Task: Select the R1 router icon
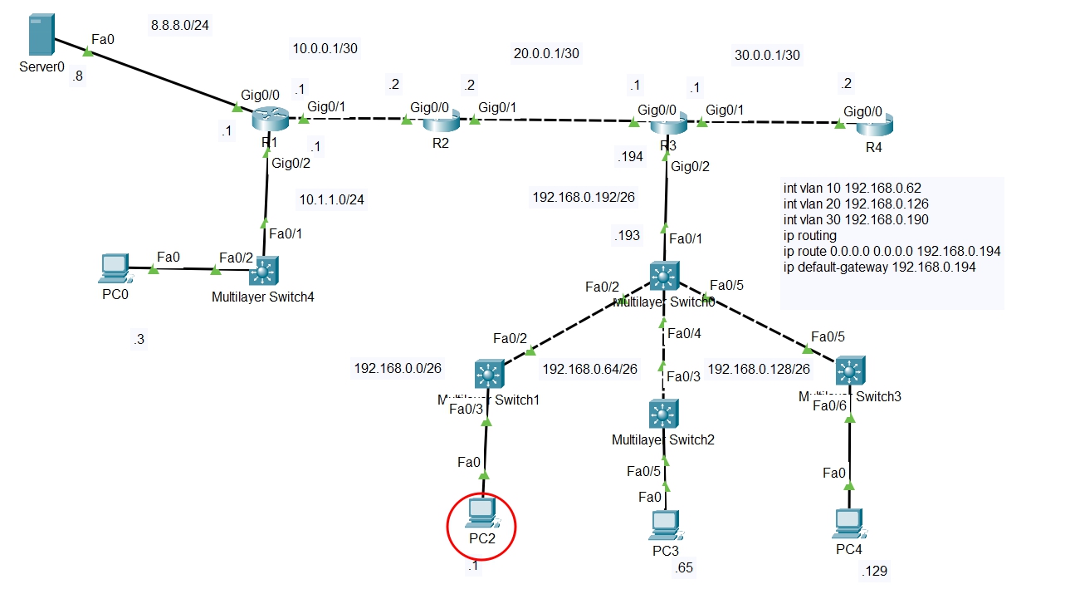(x=271, y=120)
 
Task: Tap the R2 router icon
(x=441, y=123)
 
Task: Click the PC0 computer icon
(x=112, y=267)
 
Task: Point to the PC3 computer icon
(x=664, y=523)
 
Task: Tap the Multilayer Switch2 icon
(x=662, y=414)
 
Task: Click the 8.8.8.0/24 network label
(x=179, y=25)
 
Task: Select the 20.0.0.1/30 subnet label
(x=546, y=54)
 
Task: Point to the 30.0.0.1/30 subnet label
(x=767, y=55)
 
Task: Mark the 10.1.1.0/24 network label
(x=331, y=199)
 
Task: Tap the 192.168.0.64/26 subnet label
(x=589, y=369)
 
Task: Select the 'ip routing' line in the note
(x=810, y=235)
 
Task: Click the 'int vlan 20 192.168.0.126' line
(x=856, y=204)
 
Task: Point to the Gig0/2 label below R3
(x=691, y=166)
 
